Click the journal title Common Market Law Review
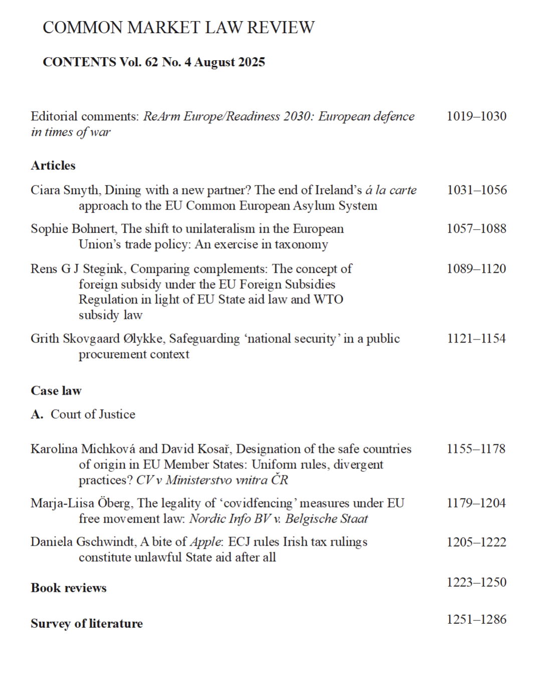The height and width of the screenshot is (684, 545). coord(178,27)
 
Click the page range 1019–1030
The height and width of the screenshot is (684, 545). coord(476,116)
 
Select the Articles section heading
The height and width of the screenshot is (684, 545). coord(53,165)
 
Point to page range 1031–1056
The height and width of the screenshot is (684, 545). coord(476,190)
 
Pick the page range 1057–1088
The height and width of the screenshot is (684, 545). coord(476,229)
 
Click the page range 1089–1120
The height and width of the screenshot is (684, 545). coord(476,269)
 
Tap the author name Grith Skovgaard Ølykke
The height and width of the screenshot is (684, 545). coord(97,338)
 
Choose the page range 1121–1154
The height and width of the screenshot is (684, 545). coord(476,338)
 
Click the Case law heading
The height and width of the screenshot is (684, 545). coord(56,391)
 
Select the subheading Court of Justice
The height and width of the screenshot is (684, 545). coord(93,414)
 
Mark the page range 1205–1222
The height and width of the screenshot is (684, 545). coord(476,542)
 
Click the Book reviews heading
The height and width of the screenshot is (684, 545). coord(69,588)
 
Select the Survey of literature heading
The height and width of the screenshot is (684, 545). coord(87,623)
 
